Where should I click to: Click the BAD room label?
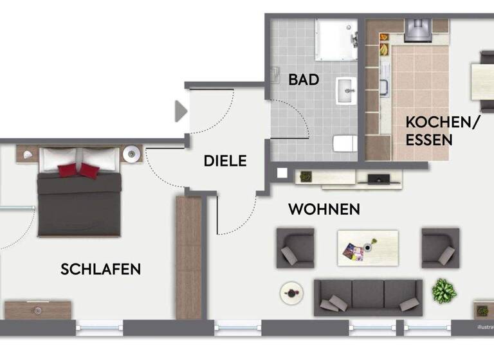[x=304, y=80]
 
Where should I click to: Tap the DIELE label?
[x=225, y=161]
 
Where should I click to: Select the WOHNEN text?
[x=324, y=210]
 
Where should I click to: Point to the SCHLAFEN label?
[x=100, y=269]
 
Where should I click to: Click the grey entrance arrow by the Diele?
[x=181, y=111]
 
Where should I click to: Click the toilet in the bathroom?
[x=345, y=143]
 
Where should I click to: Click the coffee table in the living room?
[x=367, y=248]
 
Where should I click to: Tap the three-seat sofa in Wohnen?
[x=367, y=297]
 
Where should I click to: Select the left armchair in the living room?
[x=295, y=248]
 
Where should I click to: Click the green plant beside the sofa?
[x=444, y=291]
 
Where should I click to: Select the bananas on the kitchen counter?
[x=383, y=48]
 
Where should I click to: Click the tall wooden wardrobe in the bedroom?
[x=188, y=257]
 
